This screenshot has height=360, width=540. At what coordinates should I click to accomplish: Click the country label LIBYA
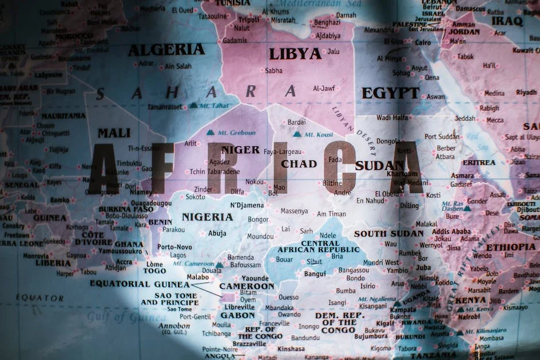click(295, 54)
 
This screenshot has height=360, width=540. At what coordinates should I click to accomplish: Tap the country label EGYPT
click(390, 93)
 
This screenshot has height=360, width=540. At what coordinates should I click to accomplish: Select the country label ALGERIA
click(166, 50)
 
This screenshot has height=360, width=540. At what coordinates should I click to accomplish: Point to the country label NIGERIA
click(207, 217)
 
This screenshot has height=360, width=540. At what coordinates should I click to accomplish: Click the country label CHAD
click(299, 164)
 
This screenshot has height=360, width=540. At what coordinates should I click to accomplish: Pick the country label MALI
click(114, 133)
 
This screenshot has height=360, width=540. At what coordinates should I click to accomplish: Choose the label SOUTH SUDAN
click(389, 234)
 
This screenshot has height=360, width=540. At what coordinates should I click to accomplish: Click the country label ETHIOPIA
click(510, 247)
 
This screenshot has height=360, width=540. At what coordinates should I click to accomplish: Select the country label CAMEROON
click(246, 286)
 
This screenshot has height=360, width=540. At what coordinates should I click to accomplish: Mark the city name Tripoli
click(248, 20)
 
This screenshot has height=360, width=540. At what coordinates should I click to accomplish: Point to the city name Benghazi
click(327, 22)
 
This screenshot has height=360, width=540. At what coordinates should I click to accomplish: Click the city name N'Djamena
click(247, 205)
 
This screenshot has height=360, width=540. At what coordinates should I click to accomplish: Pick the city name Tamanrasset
click(165, 107)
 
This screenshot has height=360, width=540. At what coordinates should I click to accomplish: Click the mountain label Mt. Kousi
click(318, 134)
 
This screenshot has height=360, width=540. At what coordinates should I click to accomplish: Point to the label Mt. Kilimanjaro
click(485, 331)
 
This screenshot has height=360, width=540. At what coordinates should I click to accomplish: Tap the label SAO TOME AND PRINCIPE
click(169, 299)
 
